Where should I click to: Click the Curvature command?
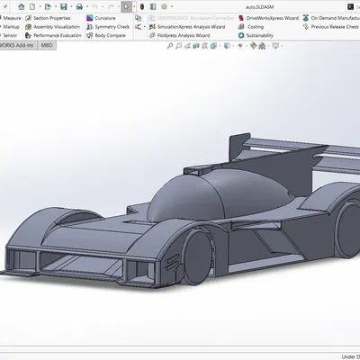click(104, 18)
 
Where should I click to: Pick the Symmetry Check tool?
click(111, 27)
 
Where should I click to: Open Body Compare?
click(110, 36)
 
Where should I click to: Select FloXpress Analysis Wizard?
click(182, 36)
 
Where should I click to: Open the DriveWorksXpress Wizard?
click(271, 18)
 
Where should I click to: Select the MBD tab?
click(46, 45)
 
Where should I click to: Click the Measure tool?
click(12, 18)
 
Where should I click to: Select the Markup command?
click(12, 27)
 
